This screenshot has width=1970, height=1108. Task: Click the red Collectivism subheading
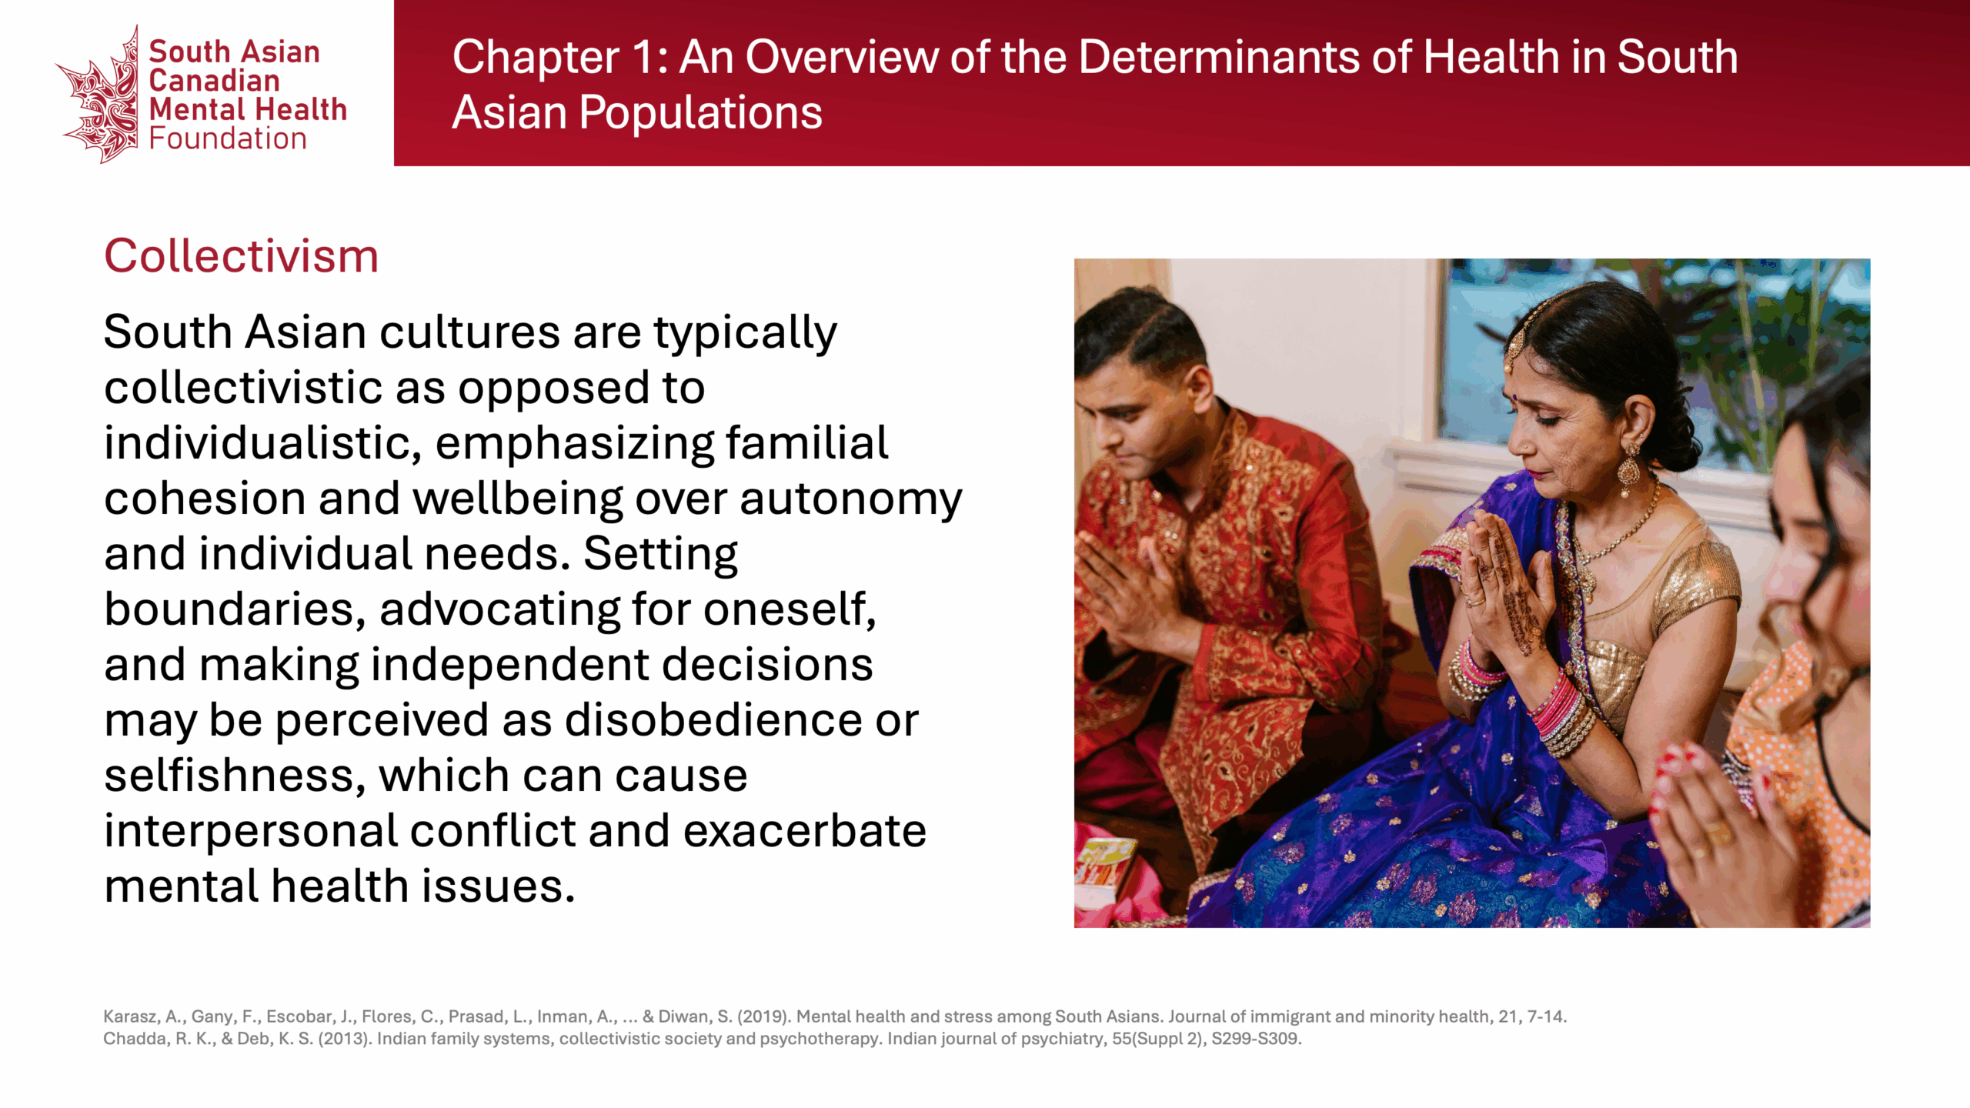(x=242, y=256)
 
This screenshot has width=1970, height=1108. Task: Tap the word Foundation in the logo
(x=228, y=139)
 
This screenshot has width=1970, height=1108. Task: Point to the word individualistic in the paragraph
(x=262, y=443)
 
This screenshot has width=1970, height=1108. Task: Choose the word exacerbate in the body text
(x=804, y=831)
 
